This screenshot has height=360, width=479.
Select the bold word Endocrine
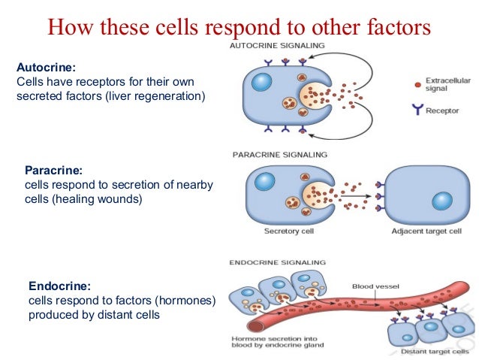tap(59, 286)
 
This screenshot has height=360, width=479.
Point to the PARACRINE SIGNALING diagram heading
tap(281, 155)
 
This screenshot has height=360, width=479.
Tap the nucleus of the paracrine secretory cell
tap(266, 181)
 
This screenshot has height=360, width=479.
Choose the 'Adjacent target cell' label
tap(426, 231)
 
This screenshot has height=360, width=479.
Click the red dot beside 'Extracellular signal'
tap(417, 83)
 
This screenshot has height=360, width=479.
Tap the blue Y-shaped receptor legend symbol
tap(417, 110)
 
